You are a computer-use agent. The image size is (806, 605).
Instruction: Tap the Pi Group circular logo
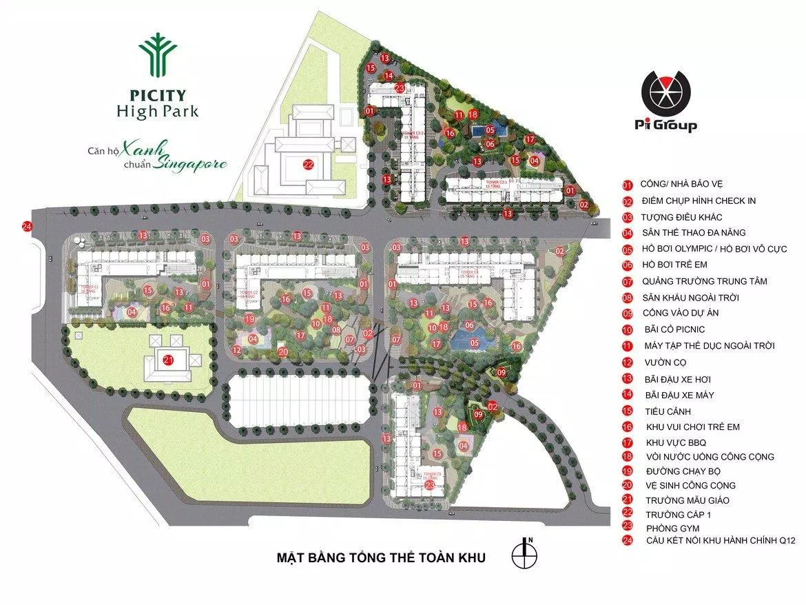pos(665,94)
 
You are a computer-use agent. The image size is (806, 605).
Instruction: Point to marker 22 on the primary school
pos(308,164)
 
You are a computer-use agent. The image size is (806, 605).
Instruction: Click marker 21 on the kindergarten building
pos(167,359)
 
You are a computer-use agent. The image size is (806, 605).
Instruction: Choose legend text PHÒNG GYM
pos(669,528)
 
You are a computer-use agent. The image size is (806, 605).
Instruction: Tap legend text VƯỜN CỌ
pos(666,362)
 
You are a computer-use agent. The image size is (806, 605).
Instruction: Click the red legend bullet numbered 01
pos(628,185)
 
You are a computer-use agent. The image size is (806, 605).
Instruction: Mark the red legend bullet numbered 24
pos(628,541)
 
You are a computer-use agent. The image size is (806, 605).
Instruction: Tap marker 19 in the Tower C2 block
pos(250,319)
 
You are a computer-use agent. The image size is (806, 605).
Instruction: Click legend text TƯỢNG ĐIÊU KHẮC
pos(682,217)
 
